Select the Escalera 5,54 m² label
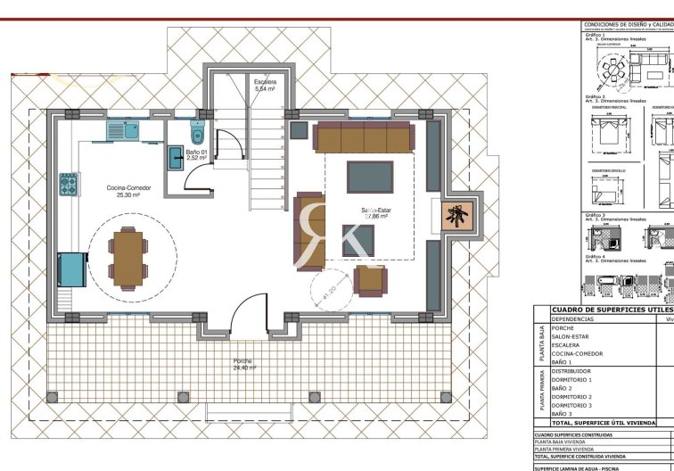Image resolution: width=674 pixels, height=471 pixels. tap(265, 86)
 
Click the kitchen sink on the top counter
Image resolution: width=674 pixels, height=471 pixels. tap(122, 131)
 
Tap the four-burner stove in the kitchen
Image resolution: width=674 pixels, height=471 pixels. tap(70, 184)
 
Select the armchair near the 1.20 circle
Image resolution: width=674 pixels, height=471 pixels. tap(370, 281)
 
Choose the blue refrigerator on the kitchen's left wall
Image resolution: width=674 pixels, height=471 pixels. tap(72, 269)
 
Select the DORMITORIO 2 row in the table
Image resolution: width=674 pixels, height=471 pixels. tap(571, 397)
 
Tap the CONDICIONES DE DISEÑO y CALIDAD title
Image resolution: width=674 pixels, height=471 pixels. tap(627, 25)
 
